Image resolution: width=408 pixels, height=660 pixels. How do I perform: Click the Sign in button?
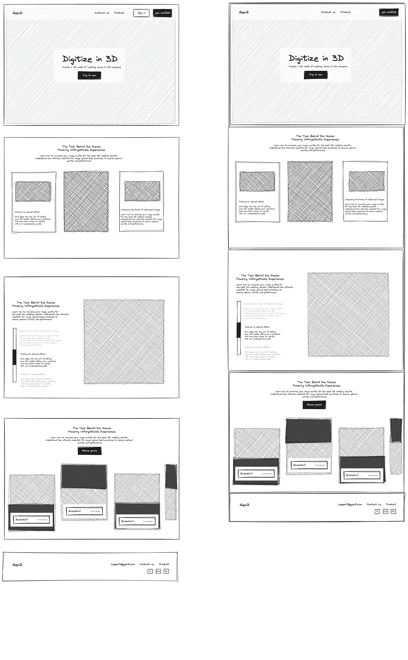141,13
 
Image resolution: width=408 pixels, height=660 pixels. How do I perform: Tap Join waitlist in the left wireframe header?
162,13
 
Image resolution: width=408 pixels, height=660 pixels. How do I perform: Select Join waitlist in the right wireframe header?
389,12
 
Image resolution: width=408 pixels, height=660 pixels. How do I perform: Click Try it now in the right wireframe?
316,75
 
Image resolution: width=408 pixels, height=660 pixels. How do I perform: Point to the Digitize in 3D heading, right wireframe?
316,58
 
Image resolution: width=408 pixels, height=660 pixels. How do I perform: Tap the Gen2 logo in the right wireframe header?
244,12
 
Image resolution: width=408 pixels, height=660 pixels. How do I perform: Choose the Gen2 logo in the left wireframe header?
17,13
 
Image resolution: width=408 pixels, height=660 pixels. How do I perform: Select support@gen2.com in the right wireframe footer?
350,504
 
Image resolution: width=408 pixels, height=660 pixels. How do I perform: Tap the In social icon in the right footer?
393,511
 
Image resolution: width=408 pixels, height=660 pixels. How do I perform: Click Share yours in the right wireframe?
314,405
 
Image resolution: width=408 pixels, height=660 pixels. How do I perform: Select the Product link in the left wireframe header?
119,13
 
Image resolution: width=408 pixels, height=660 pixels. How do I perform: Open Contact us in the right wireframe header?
328,12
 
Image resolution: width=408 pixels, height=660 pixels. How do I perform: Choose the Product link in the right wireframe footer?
391,504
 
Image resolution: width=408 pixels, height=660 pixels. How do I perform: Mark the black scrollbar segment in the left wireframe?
14,357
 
